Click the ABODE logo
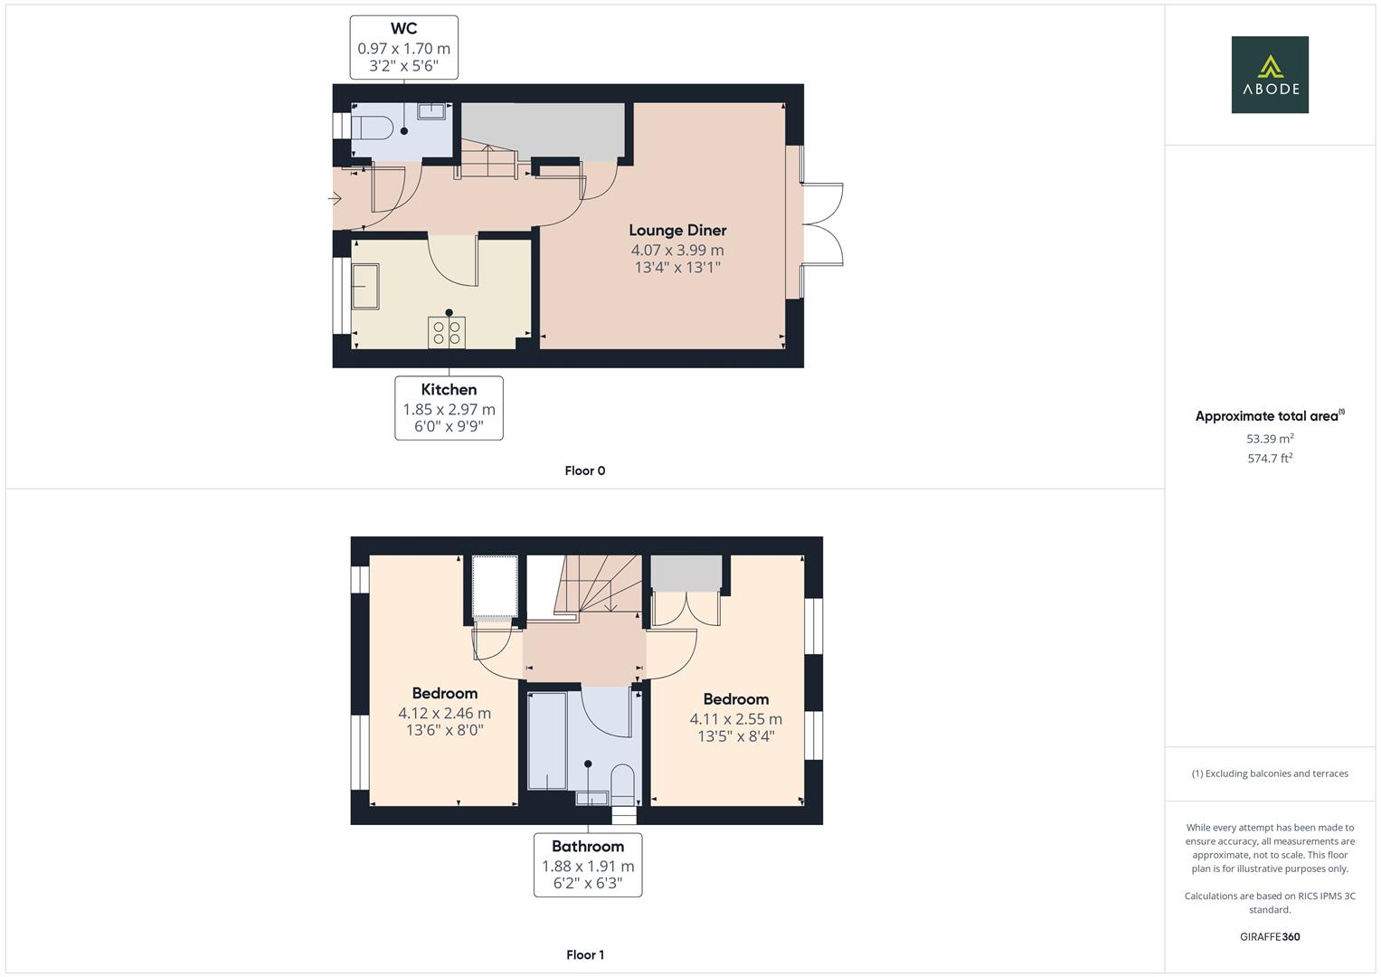point(1270,75)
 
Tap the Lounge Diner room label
point(677,231)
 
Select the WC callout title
point(403,29)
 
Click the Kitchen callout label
point(449,390)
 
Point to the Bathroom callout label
point(588,847)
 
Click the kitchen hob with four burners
point(447,332)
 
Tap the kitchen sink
point(365,287)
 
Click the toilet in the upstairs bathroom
point(623,783)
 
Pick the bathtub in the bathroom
point(547,739)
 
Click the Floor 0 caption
point(585,470)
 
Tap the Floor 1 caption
point(585,954)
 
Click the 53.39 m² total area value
point(1270,439)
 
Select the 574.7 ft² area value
point(1270,459)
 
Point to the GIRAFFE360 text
point(1270,937)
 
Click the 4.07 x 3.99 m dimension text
point(677,251)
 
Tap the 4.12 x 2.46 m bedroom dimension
point(445,714)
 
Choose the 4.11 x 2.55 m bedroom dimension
point(736,719)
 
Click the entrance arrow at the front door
point(336,197)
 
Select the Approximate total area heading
point(1267,416)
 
